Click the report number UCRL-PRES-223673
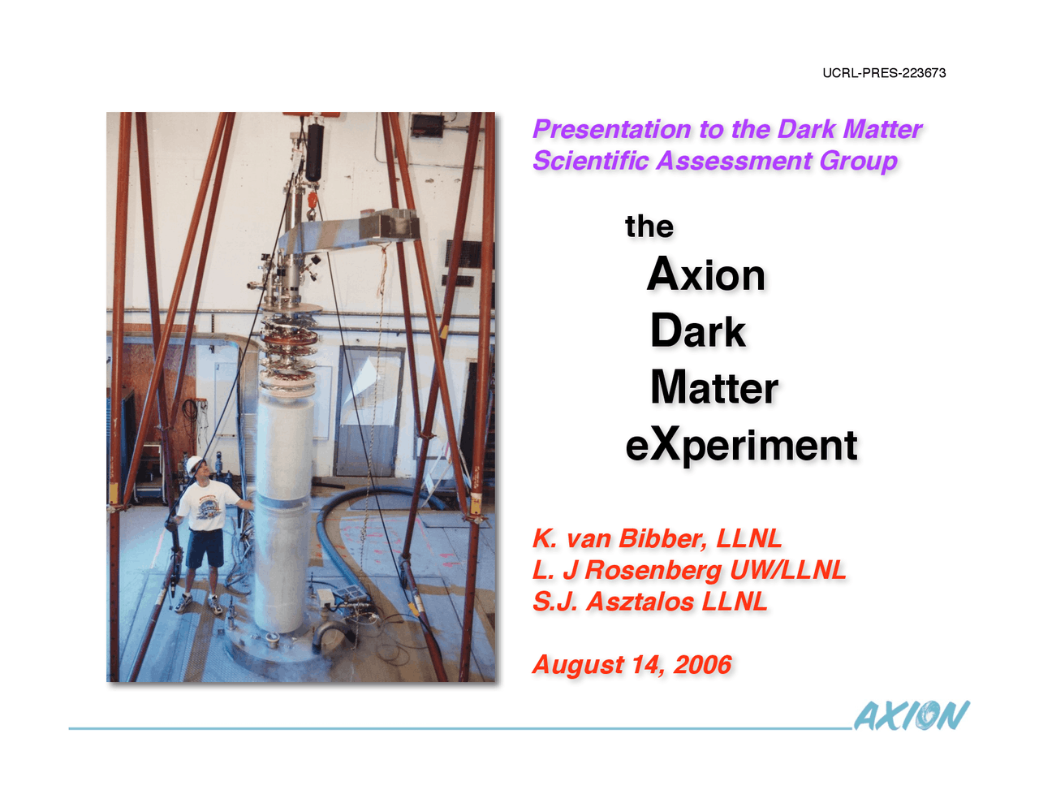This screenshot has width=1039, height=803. pyautogui.click(x=884, y=73)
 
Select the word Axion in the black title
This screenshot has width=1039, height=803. pyautogui.click(x=706, y=274)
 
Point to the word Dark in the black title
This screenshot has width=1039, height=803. pyautogui.click(x=697, y=331)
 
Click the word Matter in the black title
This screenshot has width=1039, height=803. pyautogui.click(x=714, y=387)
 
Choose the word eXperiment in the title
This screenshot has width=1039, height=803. pyautogui.click(x=741, y=445)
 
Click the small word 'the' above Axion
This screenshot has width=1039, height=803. pyautogui.click(x=649, y=227)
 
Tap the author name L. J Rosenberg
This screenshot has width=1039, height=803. pyautogui.click(x=627, y=570)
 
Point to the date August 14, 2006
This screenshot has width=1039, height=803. pyautogui.click(x=632, y=665)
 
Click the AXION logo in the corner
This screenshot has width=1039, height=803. pyautogui.click(x=911, y=715)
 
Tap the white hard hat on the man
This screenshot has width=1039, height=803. pyautogui.click(x=194, y=464)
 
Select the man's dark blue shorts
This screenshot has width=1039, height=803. pyautogui.click(x=205, y=548)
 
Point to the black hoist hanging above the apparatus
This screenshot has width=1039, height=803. pyautogui.click(x=313, y=151)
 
